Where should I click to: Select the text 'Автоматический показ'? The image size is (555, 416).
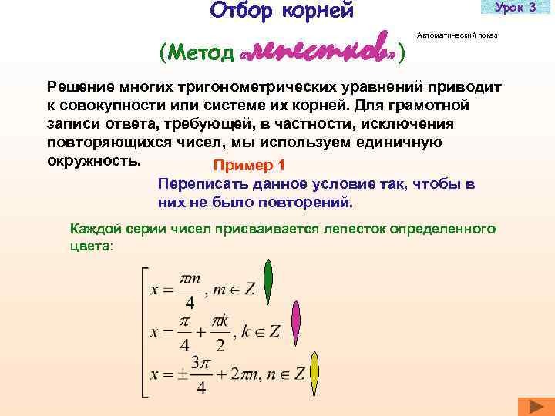[457, 36]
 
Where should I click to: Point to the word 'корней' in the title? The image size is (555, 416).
[322, 11]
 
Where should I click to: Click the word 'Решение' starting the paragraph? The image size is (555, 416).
[80, 86]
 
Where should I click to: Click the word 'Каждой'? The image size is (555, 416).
[92, 229]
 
